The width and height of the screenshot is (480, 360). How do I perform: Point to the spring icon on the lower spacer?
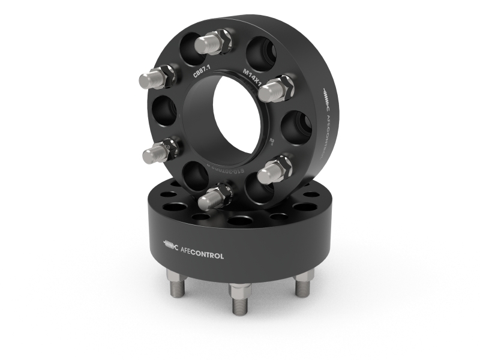coord(171,245)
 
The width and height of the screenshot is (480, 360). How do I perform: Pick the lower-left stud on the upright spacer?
coord(158,152)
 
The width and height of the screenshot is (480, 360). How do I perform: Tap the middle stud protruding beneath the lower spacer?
coord(239,298)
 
